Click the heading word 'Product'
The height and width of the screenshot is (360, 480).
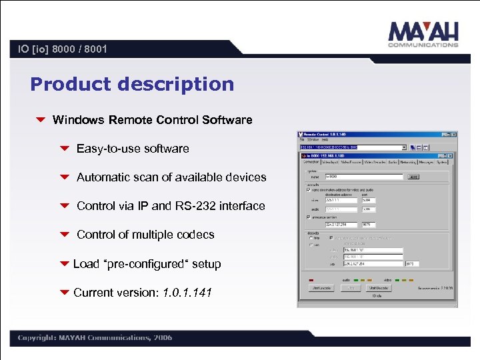tap(71, 85)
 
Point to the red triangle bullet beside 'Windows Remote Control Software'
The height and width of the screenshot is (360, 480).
tap(41, 121)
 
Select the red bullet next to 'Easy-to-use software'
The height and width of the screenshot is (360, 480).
tap(65, 149)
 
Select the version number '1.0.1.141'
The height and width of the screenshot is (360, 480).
tap(187, 293)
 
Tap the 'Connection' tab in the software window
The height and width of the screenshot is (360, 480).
tap(311, 162)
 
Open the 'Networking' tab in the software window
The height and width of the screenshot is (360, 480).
tap(408, 162)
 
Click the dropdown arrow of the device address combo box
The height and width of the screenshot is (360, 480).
tap(403, 147)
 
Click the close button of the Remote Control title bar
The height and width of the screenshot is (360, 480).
tap(453, 135)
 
